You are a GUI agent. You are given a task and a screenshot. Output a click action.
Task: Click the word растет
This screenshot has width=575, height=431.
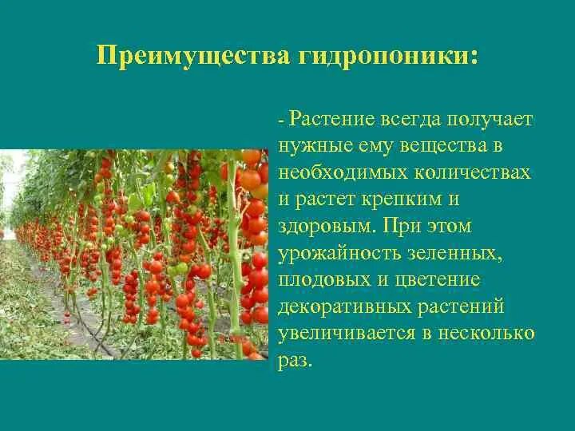(x=329, y=200)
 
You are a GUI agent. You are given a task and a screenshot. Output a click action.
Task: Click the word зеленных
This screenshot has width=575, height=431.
(x=462, y=254)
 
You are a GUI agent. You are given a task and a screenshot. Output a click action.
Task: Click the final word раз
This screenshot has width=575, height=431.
(x=295, y=361)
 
